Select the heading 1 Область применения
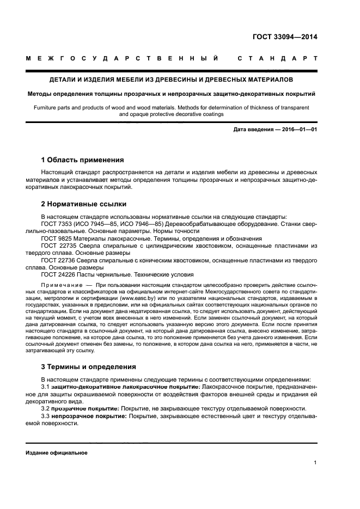click(82, 160)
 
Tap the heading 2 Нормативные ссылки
click(84, 204)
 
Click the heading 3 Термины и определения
click(89, 366)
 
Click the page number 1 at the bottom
click(315, 463)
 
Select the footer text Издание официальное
click(57, 453)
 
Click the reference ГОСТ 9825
click(57, 238)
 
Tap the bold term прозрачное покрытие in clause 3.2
click(85, 408)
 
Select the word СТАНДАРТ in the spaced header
click(277, 58)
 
